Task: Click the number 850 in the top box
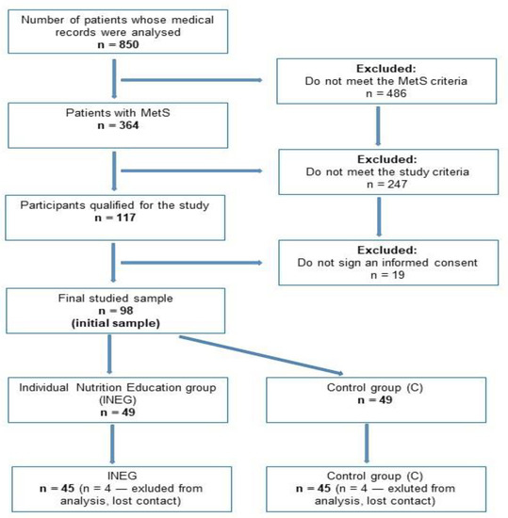pyautogui.click(x=129, y=44)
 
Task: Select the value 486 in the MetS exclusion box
pyautogui.click(x=396, y=94)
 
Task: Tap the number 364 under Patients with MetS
pyautogui.click(x=129, y=125)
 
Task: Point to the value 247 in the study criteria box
pyautogui.click(x=397, y=185)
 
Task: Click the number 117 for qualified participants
pyautogui.click(x=126, y=218)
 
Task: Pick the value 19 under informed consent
pyautogui.click(x=398, y=275)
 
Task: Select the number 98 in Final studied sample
pyautogui.click(x=126, y=311)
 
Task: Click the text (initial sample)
pyautogui.click(x=116, y=323)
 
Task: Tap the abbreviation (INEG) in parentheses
pyautogui.click(x=118, y=400)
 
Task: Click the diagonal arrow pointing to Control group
pyautogui.click(x=261, y=355)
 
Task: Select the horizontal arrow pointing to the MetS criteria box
pyautogui.click(x=191, y=80)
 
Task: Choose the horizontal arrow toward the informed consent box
pyautogui.click(x=191, y=263)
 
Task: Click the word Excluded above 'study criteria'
pyautogui.click(x=387, y=159)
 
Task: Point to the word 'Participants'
pyautogui.click(x=53, y=205)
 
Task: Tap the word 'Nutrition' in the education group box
pyautogui.click(x=100, y=387)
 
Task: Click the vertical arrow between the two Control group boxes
pyautogui.click(x=367, y=444)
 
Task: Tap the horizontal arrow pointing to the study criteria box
pyautogui.click(x=191, y=170)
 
